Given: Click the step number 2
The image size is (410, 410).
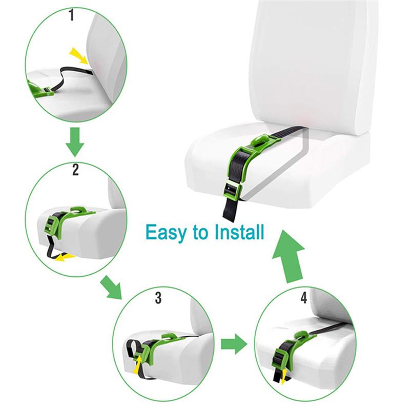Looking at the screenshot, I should click(75, 170).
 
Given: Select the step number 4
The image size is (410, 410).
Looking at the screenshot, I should click(303, 297).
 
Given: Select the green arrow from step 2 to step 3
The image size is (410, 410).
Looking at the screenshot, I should click(112, 287).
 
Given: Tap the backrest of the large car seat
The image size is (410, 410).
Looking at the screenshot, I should click(307, 61).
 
